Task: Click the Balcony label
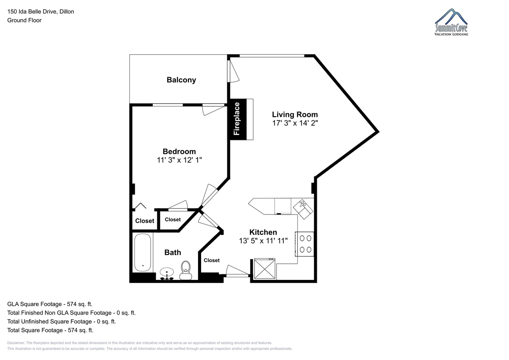pyautogui.click(x=181, y=80)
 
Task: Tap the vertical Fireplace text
pyautogui.click(x=237, y=119)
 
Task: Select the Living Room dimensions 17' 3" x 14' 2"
pyautogui.click(x=295, y=123)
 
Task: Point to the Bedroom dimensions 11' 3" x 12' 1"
pyautogui.click(x=179, y=160)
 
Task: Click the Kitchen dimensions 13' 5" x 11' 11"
pyautogui.click(x=263, y=241)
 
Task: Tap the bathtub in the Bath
pyautogui.click(x=143, y=253)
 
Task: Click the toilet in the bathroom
pyautogui.click(x=186, y=270)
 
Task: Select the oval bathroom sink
pyautogui.click(x=167, y=272)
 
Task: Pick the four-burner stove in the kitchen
pyautogui.click(x=305, y=244)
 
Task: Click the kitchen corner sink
pyautogui.click(x=303, y=209)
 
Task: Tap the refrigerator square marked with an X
pyautogui.click(x=265, y=269)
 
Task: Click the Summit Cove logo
pyautogui.click(x=451, y=22)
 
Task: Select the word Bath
pyautogui.click(x=173, y=252)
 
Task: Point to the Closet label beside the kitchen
pyautogui.click(x=212, y=260)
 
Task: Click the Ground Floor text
pyautogui.click(x=24, y=20)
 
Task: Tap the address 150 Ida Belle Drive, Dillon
pyautogui.click(x=41, y=11)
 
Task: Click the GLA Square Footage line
pyautogui.click(x=50, y=304)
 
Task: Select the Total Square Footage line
pyautogui.click(x=50, y=330)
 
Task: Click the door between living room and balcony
pyautogui.click(x=233, y=71)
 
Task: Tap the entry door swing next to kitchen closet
pyautogui.click(x=237, y=271)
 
